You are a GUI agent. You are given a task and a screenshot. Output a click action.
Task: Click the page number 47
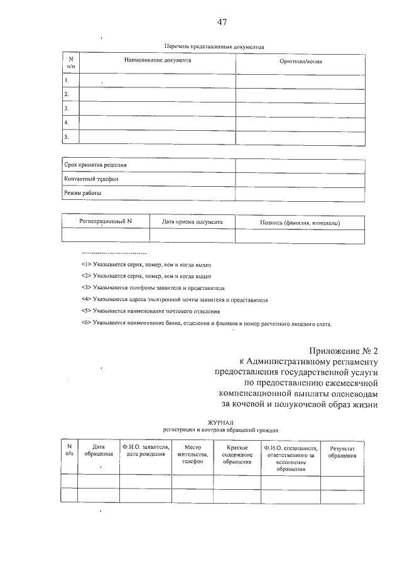coord(222,23)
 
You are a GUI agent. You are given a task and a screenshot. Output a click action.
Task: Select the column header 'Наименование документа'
coord(157,60)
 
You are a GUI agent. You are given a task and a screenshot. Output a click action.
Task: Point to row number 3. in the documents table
coord(66,108)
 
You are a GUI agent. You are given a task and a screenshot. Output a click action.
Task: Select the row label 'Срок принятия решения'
coord(95,165)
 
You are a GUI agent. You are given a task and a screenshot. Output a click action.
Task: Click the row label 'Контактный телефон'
coord(91,179)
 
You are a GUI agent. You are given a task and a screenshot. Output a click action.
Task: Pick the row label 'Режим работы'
coord(82,194)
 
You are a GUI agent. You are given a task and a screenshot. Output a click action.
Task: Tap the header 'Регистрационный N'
coord(106,221)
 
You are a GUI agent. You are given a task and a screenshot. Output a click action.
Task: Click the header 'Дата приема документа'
coord(192,221)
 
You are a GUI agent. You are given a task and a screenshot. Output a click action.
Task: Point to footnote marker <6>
coord(87,323)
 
